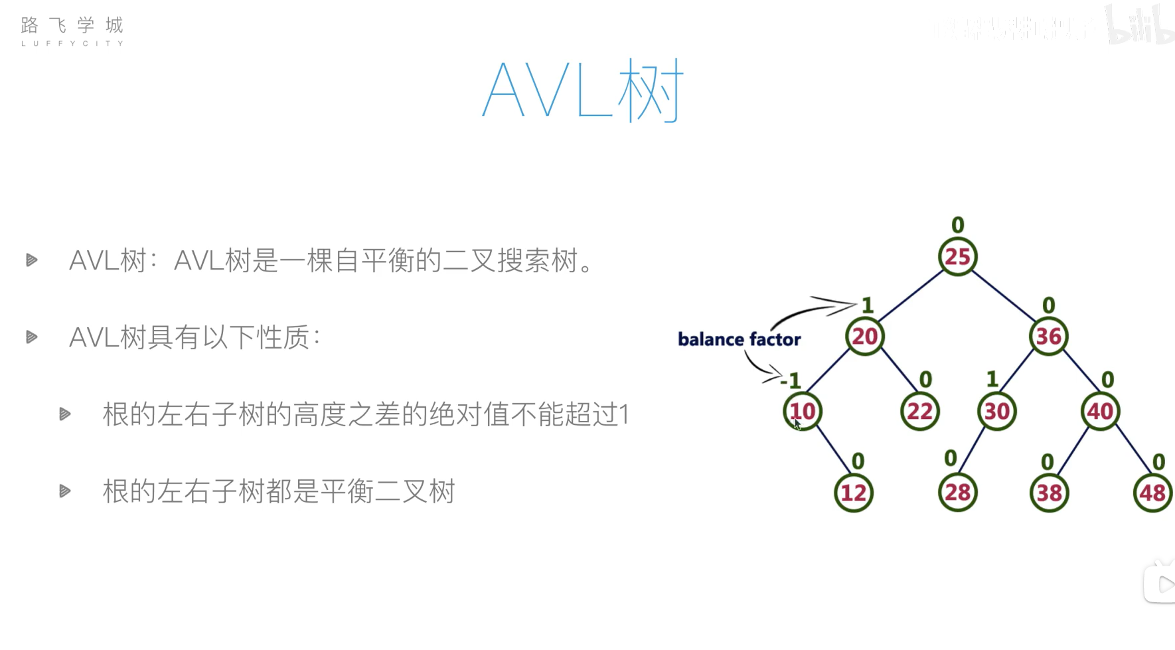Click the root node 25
[957, 256]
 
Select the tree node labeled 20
[865, 336]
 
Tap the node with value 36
[1048, 336]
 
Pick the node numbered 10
[803, 411]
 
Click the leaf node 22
[919, 411]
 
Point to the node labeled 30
[996, 411]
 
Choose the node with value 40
[1100, 411]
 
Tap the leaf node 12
[853, 493]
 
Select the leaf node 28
[957, 493]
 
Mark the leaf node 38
[1049, 493]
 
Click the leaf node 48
[1152, 493]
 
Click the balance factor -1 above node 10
[791, 380]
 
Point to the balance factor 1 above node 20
[868, 305]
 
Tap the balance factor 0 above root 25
[957, 225]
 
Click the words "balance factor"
[739, 339]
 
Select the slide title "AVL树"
[582, 91]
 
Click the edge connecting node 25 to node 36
[1003, 296]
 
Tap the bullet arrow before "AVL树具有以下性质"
[31, 337]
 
